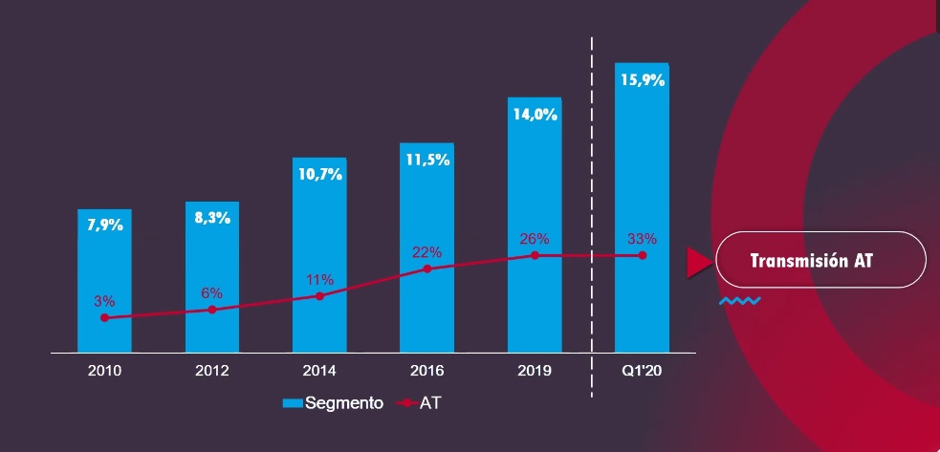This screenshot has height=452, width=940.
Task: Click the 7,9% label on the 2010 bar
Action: [104, 226]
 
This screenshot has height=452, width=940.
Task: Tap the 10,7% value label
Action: [319, 174]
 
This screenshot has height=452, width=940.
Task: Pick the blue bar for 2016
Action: [426, 306]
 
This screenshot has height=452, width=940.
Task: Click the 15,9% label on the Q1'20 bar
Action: [642, 80]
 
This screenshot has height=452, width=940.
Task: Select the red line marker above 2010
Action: [104, 318]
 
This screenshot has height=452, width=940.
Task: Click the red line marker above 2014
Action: [319, 296]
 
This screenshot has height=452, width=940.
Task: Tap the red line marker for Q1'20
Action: [643, 255]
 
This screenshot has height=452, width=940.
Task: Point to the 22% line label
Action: [426, 252]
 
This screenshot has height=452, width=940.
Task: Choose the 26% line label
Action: [535, 238]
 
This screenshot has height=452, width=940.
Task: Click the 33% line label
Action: [642, 238]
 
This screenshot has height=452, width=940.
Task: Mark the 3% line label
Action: [104, 301]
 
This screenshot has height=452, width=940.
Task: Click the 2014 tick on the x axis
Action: [319, 370]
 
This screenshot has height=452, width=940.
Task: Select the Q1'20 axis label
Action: [642, 370]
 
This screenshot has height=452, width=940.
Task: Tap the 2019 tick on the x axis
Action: [535, 370]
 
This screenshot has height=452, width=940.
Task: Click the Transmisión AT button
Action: [820, 259]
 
